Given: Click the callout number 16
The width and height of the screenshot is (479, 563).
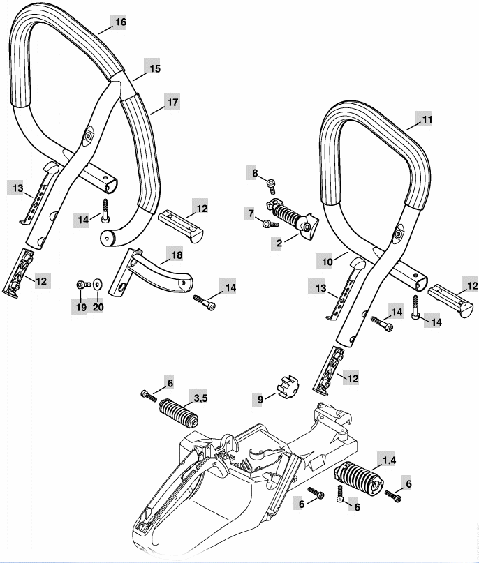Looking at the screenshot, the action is coord(121,22).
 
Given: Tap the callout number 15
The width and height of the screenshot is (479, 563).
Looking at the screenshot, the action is coord(154,68).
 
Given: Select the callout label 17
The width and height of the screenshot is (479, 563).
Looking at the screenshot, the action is coord(173,103).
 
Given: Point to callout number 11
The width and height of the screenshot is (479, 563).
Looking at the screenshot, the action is coord(427,119).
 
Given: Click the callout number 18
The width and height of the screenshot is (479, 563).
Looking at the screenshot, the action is coord(177,255).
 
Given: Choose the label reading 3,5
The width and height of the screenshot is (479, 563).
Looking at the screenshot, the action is coord(201,398).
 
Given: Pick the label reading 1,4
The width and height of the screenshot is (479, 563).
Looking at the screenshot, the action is coord(389,460).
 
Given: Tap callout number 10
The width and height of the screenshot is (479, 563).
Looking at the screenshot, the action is coord(327,262).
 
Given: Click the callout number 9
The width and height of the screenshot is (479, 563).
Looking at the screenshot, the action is coord(260,399).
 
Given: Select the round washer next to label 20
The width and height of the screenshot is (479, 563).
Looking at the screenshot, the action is coord(97,284).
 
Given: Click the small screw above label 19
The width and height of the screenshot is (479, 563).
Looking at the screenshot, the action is coord(82,285).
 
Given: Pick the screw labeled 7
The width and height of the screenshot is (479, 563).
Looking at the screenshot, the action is coord(270,224).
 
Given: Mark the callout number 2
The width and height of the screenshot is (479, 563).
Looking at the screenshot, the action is coord(279,243).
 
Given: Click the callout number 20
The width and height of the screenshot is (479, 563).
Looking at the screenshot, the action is coord(98,308).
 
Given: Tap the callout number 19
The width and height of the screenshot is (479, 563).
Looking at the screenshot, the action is coord(81,308).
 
